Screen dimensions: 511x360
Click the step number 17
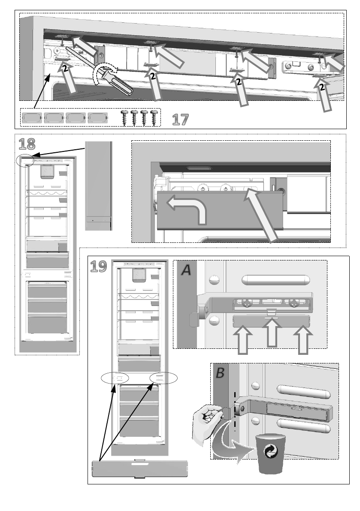pos(180,119)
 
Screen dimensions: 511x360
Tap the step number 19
pos(99,267)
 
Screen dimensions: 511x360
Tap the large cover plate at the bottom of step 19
pos(141,468)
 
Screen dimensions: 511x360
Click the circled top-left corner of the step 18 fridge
pos(24,160)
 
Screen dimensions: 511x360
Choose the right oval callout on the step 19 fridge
pos(163,378)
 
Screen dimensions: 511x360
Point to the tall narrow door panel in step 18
pos(99,185)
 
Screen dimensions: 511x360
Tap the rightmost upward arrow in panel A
pos(303,339)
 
